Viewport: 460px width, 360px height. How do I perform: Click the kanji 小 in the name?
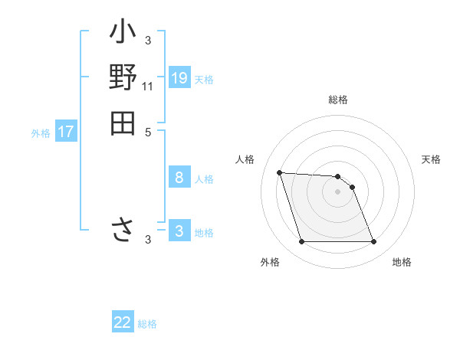coord(123,34)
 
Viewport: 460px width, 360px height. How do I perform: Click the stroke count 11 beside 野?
coord(148,87)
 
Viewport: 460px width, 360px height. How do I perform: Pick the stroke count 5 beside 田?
coord(148,131)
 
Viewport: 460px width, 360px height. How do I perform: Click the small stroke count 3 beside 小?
coord(148,41)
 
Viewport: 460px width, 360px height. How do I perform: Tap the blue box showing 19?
coord(179,77)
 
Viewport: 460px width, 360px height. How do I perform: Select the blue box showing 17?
coord(66,132)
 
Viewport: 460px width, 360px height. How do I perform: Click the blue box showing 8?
coord(179,178)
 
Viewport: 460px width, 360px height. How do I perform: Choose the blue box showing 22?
coord(123,322)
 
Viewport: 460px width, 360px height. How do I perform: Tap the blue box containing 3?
coord(179,231)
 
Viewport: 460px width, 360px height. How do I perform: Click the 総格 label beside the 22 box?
coord(147,324)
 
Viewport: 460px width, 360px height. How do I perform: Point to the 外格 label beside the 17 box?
coord(41,133)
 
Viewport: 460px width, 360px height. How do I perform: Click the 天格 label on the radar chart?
coord(432,159)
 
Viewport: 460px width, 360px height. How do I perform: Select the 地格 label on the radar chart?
coord(402,262)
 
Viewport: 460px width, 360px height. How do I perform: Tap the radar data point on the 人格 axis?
coord(279,172)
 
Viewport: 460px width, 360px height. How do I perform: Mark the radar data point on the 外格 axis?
coord(301,242)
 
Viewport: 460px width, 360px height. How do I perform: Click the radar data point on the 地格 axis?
coord(373,242)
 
